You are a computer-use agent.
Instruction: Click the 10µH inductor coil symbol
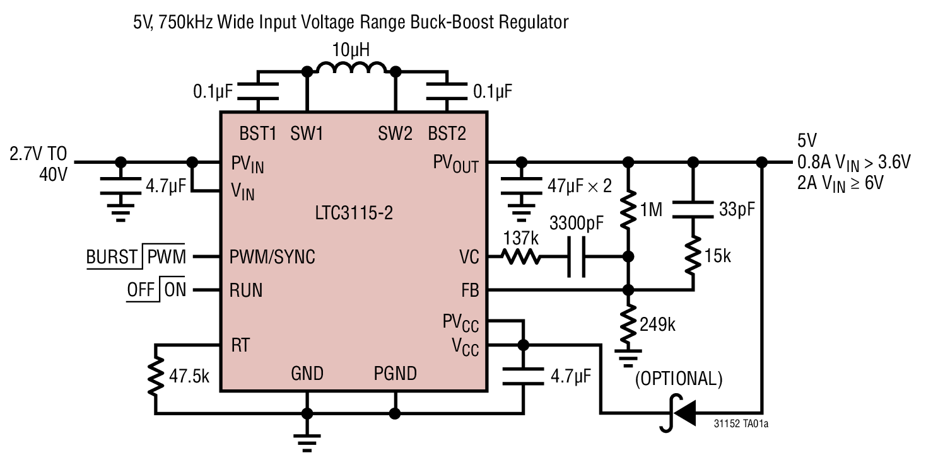tap(351, 68)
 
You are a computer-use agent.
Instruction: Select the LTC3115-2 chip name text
tap(353, 214)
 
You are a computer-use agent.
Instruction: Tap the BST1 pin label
tap(258, 134)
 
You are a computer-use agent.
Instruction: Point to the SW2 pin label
tap(395, 134)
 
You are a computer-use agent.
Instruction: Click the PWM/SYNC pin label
tap(273, 257)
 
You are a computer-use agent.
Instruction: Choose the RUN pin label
tap(246, 290)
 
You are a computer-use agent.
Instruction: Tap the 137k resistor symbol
tap(522, 257)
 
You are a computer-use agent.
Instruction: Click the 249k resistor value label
tap(657, 325)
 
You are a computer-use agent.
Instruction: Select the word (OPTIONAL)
tap(679, 379)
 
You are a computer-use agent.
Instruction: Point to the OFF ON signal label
tap(156, 290)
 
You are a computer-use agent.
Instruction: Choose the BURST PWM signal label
tap(136, 257)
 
